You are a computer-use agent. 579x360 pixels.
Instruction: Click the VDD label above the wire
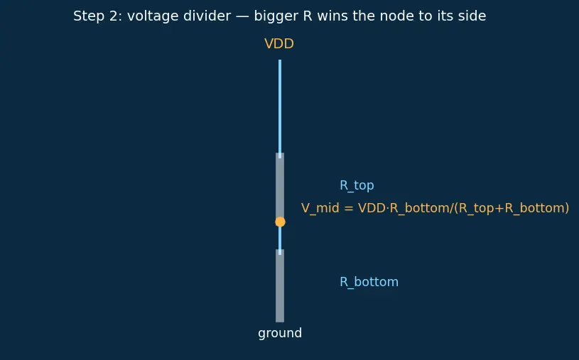[279, 44]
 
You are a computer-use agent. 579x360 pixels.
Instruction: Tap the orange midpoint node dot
[281, 222]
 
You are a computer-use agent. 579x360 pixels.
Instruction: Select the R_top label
[357, 185]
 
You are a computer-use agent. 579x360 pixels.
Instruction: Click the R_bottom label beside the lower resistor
[369, 282]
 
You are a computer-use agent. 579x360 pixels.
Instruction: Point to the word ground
[280, 334]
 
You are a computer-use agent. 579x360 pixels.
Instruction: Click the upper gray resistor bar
[280, 186]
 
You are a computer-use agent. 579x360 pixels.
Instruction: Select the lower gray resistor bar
[280, 285]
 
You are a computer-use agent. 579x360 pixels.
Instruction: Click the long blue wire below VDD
[280, 109]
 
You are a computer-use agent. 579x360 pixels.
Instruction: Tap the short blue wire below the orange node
[280, 240]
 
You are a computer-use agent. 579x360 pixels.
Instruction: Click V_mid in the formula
[320, 208]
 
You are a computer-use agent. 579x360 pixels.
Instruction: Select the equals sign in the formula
[349, 208]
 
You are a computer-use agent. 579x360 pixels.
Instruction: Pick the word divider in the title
[209, 16]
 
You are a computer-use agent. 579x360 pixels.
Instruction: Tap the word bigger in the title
[276, 16]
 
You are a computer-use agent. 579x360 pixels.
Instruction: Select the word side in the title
[473, 16]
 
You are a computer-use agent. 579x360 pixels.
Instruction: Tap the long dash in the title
[242, 16]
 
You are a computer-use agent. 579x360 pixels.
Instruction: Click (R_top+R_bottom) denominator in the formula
[512, 208]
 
